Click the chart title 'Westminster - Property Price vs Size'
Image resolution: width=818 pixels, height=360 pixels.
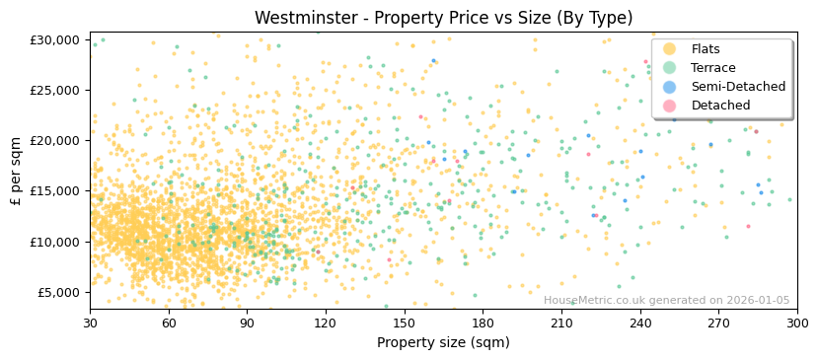[x=443, y=18]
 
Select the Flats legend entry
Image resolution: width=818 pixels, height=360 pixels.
[x=706, y=49]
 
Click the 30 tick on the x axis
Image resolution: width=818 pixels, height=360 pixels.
[x=90, y=324]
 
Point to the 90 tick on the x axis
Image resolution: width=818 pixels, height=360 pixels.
[x=247, y=324]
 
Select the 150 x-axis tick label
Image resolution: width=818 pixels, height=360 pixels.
[x=405, y=324]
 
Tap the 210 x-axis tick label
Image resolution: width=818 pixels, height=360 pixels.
[x=561, y=324]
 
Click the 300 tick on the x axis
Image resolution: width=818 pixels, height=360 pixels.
[x=797, y=324]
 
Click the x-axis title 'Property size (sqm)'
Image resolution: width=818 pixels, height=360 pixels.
[x=443, y=343]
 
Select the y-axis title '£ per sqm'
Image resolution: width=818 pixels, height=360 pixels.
[x=17, y=171]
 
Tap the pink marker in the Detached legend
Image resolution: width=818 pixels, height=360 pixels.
[x=669, y=106]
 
